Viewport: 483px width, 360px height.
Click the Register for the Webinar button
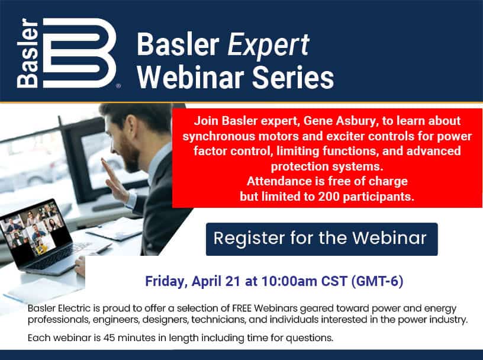[x=321, y=239]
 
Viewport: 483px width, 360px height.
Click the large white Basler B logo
[x=79, y=53]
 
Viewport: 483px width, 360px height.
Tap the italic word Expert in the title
[x=268, y=45]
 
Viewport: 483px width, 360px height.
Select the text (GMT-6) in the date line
[x=378, y=281]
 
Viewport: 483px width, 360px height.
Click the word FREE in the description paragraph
[x=242, y=308]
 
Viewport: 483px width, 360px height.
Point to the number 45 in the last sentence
[x=110, y=338]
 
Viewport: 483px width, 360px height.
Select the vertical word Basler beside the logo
[x=27, y=53]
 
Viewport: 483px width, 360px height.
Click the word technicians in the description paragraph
[x=218, y=320]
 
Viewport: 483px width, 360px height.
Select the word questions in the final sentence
[x=309, y=338]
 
